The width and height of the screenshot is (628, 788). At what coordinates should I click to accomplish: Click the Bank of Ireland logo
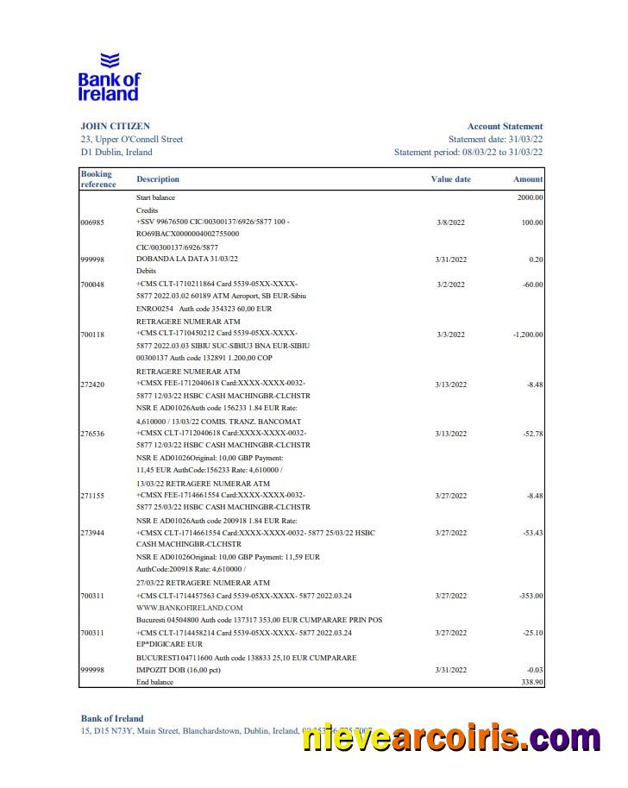coord(109,77)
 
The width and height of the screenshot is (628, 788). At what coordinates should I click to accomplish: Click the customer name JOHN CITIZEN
coord(115,126)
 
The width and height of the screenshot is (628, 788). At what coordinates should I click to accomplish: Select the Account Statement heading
coord(505,126)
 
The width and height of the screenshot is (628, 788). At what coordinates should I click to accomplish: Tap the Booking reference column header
coord(97,179)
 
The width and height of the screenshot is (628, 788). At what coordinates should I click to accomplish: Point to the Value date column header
coord(450,179)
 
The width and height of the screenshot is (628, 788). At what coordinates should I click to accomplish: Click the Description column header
coord(158,179)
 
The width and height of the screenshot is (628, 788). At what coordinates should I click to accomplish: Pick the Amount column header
coord(528,179)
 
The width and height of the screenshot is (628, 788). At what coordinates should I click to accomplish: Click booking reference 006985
coord(91,222)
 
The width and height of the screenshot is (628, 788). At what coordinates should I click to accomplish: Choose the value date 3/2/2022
coord(449,285)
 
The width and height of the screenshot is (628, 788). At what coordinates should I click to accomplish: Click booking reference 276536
coord(91,434)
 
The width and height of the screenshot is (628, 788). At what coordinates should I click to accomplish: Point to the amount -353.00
coord(529,596)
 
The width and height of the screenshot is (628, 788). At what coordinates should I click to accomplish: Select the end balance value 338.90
coord(529,682)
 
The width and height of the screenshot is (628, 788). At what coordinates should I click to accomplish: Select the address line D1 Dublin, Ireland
coord(116,152)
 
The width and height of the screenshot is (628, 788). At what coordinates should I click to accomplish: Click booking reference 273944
coord(91,533)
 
